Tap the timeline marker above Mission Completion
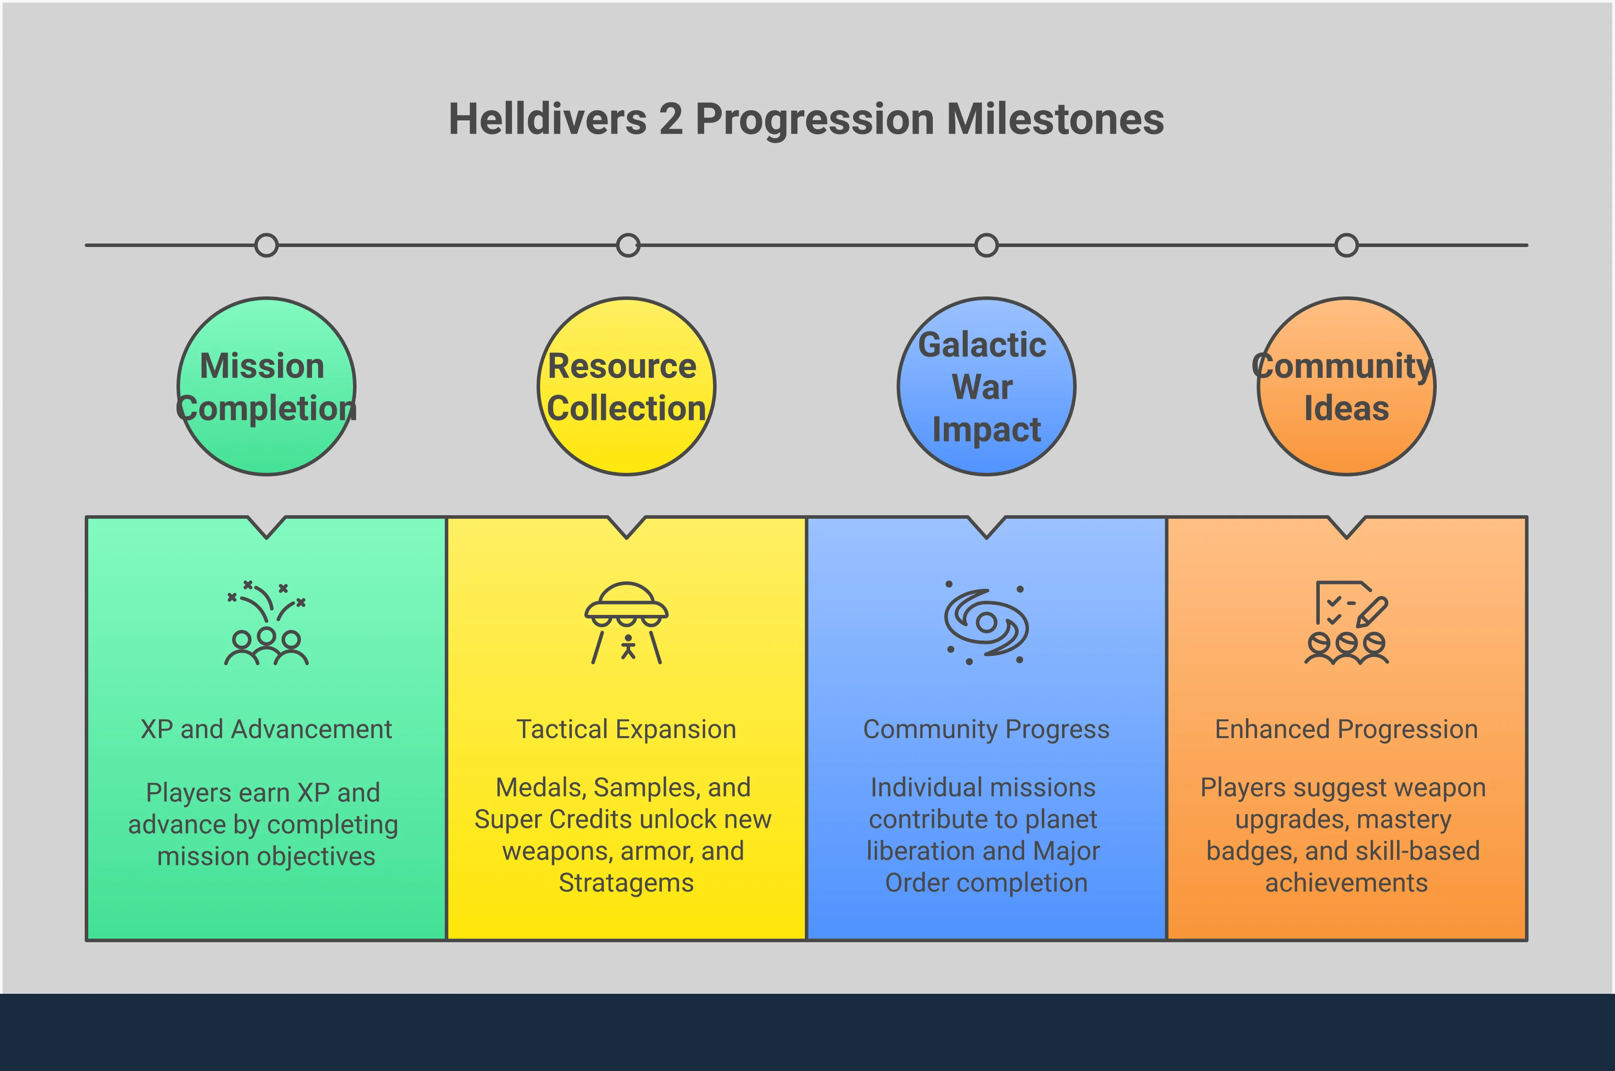coord(267,245)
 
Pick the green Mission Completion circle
coord(267,386)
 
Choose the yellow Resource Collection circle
coord(627,386)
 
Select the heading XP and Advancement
coord(267,730)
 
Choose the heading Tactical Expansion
coord(627,730)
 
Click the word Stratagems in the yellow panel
coord(627,883)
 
